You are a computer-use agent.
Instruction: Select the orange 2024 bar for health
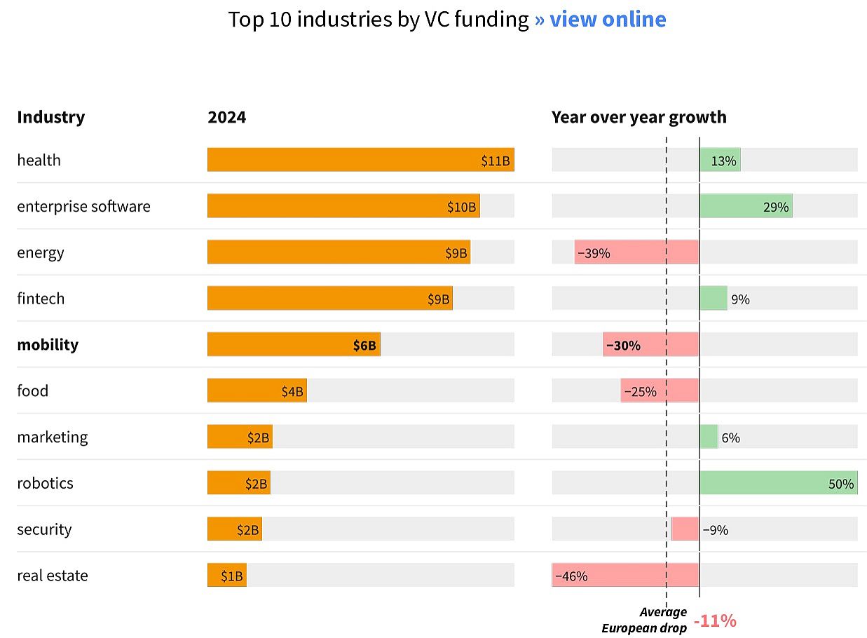coord(360,160)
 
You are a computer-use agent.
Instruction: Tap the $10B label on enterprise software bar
coord(461,207)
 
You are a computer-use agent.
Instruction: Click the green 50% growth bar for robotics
coord(778,483)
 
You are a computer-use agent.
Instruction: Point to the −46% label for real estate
coord(571,576)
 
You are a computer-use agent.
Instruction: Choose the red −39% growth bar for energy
coord(636,252)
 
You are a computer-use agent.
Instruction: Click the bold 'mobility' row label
coord(48,345)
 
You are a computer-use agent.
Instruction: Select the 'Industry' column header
coord(50,117)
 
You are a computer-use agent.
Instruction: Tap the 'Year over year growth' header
coord(639,117)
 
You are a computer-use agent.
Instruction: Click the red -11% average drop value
coord(715,621)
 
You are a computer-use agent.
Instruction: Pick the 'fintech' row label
coord(41,299)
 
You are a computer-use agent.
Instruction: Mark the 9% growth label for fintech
coord(740,299)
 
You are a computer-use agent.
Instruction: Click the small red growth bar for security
coord(685,529)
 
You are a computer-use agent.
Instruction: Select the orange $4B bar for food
coord(257,391)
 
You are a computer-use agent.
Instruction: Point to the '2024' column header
coord(226,117)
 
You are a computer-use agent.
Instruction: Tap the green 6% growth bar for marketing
coord(709,437)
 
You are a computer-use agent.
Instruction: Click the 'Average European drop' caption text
coord(645,620)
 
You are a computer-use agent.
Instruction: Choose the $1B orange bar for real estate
coord(226,576)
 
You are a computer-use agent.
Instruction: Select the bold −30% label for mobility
coord(623,346)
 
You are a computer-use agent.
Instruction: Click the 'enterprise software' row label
coord(83,206)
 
